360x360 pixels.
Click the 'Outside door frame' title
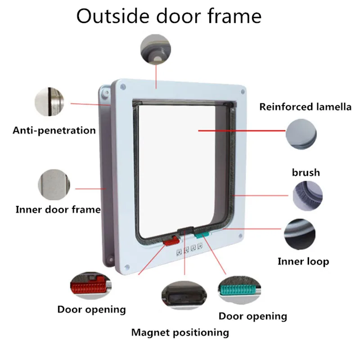click(x=169, y=17)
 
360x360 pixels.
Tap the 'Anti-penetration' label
click(x=54, y=130)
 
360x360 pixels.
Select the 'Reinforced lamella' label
click(x=305, y=107)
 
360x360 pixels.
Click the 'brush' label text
click(x=306, y=172)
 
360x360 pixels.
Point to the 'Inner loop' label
click(x=303, y=261)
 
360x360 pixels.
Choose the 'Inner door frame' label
click(x=58, y=210)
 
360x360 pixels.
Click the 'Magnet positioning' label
click(x=180, y=333)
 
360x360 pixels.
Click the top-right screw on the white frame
click(x=243, y=92)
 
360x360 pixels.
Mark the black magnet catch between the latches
click(x=184, y=231)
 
